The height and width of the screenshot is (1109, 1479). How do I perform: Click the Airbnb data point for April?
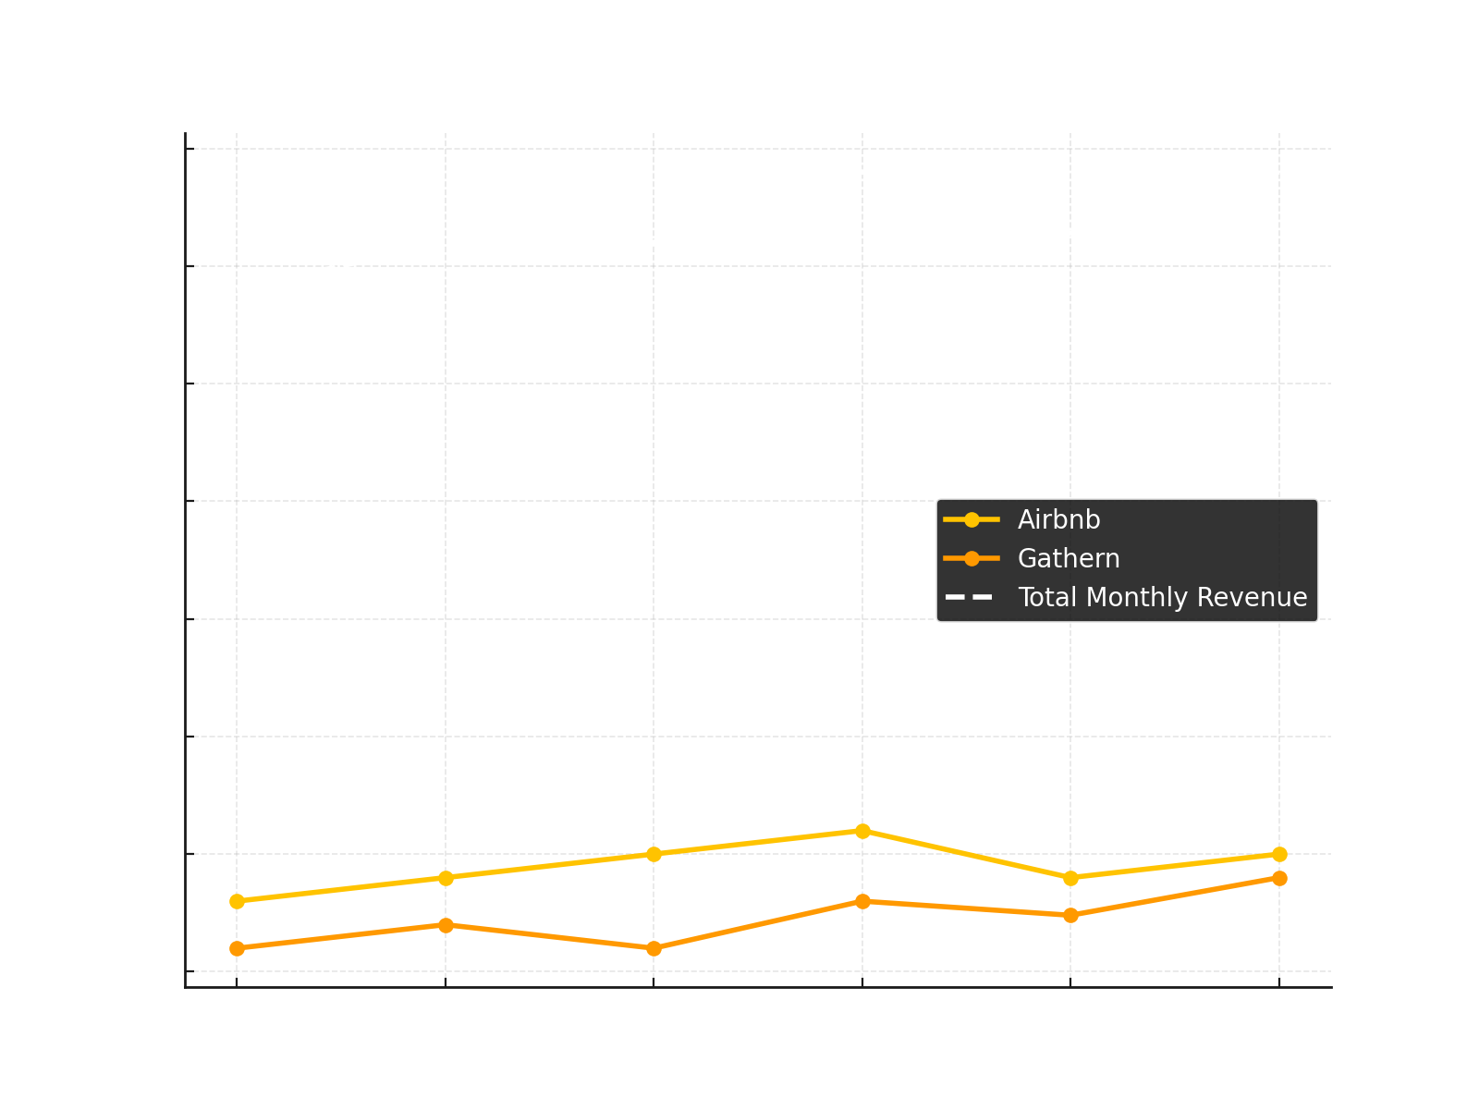(x=862, y=831)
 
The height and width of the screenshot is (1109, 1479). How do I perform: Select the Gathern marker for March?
(x=654, y=948)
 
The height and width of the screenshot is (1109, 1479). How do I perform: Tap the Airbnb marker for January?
(x=237, y=901)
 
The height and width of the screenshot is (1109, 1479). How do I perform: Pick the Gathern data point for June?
(x=1279, y=878)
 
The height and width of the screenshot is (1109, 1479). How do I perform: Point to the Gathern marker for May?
(x=1070, y=915)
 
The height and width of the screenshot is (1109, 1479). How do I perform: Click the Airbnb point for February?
(x=446, y=878)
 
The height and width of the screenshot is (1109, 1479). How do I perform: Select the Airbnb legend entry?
(x=1058, y=519)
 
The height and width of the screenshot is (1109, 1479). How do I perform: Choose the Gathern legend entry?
(x=1068, y=558)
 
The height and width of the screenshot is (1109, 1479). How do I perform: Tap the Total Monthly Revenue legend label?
(x=1162, y=597)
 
